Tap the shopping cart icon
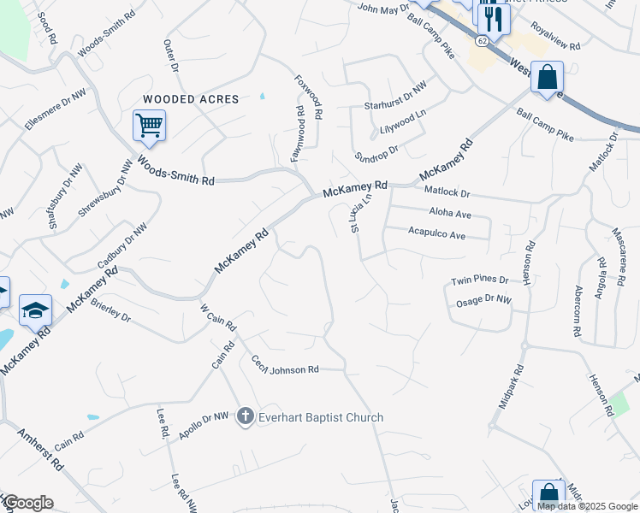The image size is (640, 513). coord(149,127)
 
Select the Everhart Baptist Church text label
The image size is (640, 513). coord(323,417)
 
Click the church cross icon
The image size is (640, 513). coord(246,417)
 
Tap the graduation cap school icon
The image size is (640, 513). coord(35,310)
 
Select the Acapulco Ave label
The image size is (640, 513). coord(436,233)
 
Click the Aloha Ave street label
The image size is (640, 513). coord(450,214)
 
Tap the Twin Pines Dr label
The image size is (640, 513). coord(479,280)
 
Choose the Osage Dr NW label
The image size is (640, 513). coord(483,300)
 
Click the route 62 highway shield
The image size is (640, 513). coord(483,40)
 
